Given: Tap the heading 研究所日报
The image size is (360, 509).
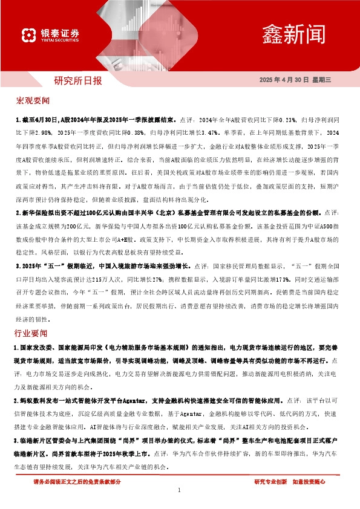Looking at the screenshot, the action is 77,80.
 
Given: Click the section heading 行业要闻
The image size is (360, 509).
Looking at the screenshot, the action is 33,334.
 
